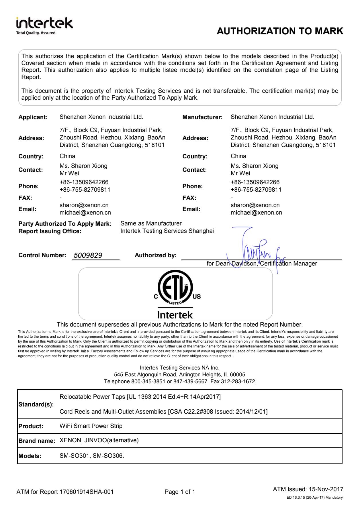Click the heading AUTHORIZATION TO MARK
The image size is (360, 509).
pos(280,31)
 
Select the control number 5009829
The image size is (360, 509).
pos(88,255)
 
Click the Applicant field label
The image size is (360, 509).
pos(33,117)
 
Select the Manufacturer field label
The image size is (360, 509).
pos(202,117)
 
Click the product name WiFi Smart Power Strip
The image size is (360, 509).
pos(91,426)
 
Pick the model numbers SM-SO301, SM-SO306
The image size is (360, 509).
pos(92,456)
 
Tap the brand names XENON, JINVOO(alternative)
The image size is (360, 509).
pos(99,440)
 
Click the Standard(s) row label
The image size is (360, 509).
pos(36,404)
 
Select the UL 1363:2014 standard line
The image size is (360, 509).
pos(140,397)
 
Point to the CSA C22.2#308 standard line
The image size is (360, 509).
pos(163,412)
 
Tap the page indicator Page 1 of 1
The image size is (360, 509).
pos(180,492)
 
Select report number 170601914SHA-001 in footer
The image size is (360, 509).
pos(86,492)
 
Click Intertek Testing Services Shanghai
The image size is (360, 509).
pos(167,231)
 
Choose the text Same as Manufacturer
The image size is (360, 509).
pos(151,223)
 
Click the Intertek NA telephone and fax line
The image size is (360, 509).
pos(179,381)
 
